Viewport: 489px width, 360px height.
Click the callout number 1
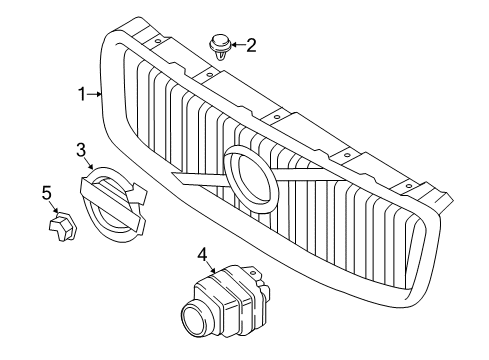[x=83, y=94]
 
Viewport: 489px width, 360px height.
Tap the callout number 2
[x=251, y=44]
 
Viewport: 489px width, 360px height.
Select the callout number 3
[x=80, y=151]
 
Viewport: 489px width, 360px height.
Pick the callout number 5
[x=46, y=191]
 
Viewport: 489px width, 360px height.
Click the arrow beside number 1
[x=96, y=95]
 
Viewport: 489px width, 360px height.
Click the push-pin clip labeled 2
[x=217, y=47]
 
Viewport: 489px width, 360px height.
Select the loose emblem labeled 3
[x=109, y=205]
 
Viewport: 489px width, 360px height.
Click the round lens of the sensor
[x=192, y=322]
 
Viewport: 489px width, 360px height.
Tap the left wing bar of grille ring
[x=195, y=180]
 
